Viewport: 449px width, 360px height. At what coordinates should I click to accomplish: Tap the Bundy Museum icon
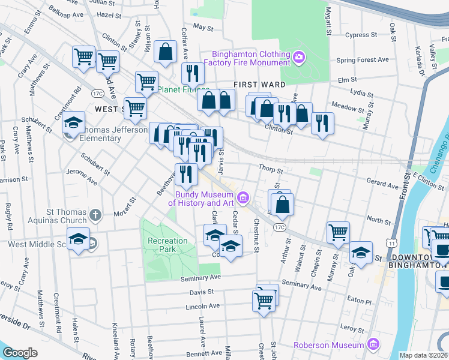point(243,197)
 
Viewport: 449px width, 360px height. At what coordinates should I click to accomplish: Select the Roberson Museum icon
point(373,344)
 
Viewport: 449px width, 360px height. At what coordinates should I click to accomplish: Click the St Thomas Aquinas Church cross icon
point(95,214)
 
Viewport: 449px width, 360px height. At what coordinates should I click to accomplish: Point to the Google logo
point(20,352)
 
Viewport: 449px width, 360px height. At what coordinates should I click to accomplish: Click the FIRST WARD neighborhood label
point(258,85)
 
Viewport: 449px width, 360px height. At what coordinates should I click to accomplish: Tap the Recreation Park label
point(167,245)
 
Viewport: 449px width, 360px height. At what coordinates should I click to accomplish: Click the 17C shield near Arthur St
point(279,227)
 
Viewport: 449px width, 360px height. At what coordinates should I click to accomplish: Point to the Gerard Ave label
point(384,187)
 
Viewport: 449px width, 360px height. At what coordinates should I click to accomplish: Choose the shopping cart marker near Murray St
point(339,232)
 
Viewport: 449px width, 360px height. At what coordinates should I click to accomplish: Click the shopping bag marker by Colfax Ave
point(165,52)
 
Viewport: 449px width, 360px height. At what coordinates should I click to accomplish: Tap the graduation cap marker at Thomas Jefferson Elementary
point(74,124)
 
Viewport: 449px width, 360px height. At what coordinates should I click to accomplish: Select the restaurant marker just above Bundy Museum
point(186,174)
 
